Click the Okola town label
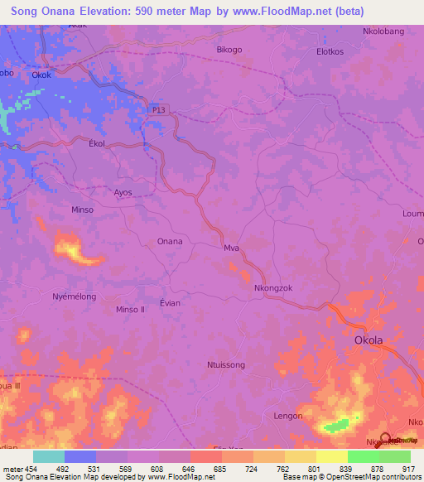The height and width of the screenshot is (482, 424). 369,340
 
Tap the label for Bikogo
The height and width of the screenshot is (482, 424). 229,50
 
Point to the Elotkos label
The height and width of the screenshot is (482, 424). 330,51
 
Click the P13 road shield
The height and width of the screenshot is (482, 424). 160,108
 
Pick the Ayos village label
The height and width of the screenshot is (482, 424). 123,192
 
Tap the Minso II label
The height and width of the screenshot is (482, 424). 130,310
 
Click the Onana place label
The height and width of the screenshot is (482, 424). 170,242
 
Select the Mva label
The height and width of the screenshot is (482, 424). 231,248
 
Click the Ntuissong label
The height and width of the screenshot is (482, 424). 225,364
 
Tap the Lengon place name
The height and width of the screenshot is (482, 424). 287,417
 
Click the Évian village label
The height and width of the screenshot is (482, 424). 170,303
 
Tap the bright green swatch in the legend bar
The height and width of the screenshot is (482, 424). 363,456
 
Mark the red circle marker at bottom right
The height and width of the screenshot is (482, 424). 386,440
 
